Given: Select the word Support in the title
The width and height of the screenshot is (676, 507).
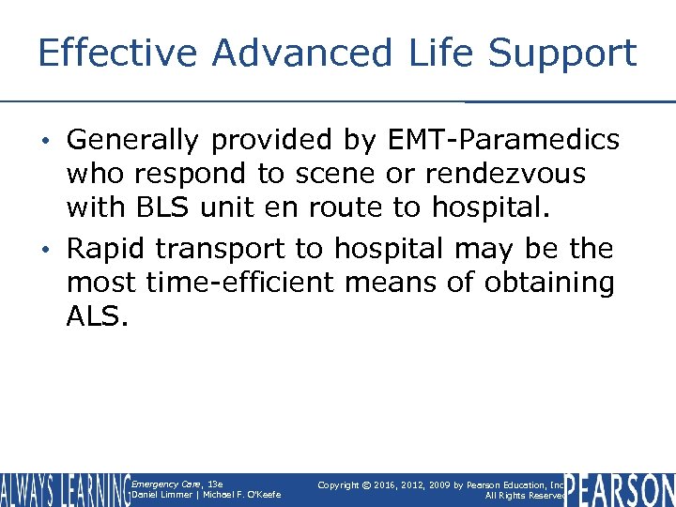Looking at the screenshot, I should (569, 54).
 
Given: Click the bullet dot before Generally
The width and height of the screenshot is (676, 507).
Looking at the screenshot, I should (54, 142).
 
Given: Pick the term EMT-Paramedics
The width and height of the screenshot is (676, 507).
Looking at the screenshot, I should (503, 141).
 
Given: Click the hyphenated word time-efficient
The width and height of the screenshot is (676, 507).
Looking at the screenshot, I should (247, 283).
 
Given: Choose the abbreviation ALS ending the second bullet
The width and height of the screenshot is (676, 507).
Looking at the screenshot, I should (95, 315).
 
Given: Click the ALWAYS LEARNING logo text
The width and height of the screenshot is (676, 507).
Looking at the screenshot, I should (64, 489).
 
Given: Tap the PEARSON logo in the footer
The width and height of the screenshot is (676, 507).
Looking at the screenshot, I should (620, 489).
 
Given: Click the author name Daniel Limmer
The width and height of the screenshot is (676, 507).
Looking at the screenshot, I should (159, 495).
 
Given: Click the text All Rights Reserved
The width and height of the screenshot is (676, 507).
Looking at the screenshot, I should (522, 496).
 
